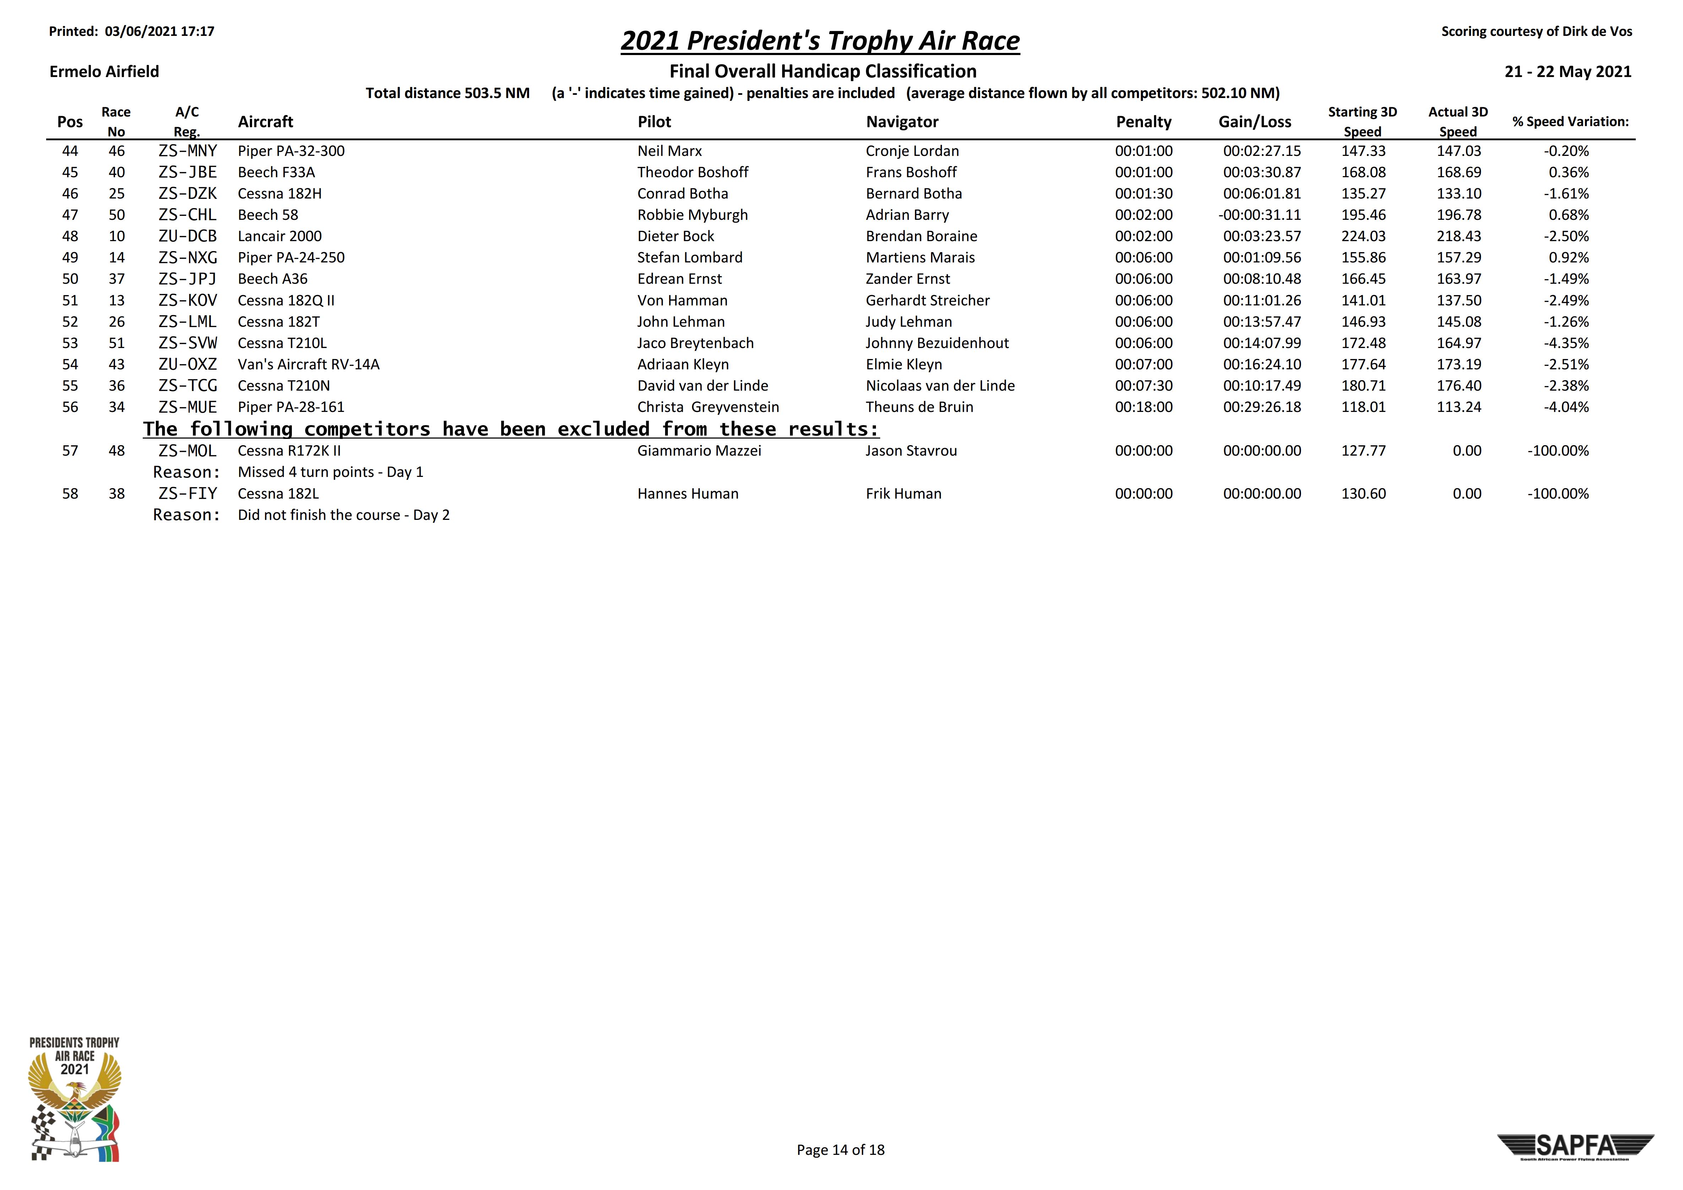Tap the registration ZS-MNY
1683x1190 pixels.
188,151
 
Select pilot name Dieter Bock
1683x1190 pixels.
675,236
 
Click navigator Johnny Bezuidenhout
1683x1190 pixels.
937,343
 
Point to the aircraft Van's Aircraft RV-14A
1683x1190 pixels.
309,364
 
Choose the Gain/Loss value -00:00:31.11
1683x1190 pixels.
1259,215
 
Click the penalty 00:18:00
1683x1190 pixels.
1144,407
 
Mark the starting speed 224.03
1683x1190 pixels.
1363,236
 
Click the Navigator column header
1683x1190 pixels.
902,122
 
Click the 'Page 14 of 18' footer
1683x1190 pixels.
840,1150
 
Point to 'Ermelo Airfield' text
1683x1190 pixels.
104,71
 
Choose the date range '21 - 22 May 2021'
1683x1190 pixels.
1567,71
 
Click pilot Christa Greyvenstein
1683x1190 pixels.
707,407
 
